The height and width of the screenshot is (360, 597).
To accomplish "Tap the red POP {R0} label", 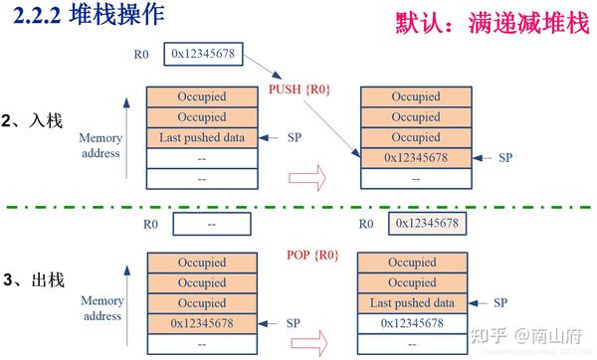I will point(311,256).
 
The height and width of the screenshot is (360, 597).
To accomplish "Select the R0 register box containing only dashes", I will point(211,225).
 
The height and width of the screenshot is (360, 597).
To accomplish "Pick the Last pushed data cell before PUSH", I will point(201,137).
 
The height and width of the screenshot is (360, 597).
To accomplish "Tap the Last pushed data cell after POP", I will point(412,303).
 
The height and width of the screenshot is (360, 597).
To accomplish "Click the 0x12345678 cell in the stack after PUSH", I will point(412,157).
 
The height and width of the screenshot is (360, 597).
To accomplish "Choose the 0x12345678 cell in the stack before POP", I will point(201,323).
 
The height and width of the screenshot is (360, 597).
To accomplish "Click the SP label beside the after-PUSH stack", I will point(504,157).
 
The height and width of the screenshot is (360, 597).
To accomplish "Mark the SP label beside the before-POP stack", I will point(294,323).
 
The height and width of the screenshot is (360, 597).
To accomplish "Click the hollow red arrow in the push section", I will point(306,177).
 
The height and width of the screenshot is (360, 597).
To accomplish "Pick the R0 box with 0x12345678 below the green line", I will point(425,224).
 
